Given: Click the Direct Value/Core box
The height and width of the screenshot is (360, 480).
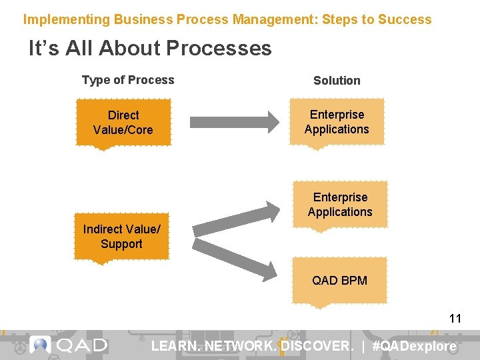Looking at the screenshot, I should [123, 123].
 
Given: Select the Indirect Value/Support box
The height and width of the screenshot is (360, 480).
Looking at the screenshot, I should [121, 237].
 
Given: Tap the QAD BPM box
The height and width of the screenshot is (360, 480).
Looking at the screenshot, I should [339, 281].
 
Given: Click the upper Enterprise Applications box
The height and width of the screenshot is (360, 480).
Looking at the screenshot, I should [337, 122].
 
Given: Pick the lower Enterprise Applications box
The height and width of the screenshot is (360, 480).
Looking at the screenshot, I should [340, 205].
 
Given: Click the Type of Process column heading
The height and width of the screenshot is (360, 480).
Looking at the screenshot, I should [128, 80].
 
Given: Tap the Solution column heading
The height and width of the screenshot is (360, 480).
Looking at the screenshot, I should [337, 81].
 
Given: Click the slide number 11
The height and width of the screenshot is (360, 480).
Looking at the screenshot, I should [455, 319].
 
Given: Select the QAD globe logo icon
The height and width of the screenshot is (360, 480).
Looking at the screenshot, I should [41, 345].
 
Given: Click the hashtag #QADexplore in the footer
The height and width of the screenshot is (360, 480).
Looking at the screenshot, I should [415, 346].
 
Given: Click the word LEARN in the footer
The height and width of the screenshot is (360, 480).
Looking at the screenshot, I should [175, 346].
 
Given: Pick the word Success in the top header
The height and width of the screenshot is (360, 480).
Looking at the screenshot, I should [405, 19].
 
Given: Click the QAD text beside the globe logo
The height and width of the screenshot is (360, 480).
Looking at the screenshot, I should [82, 345].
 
